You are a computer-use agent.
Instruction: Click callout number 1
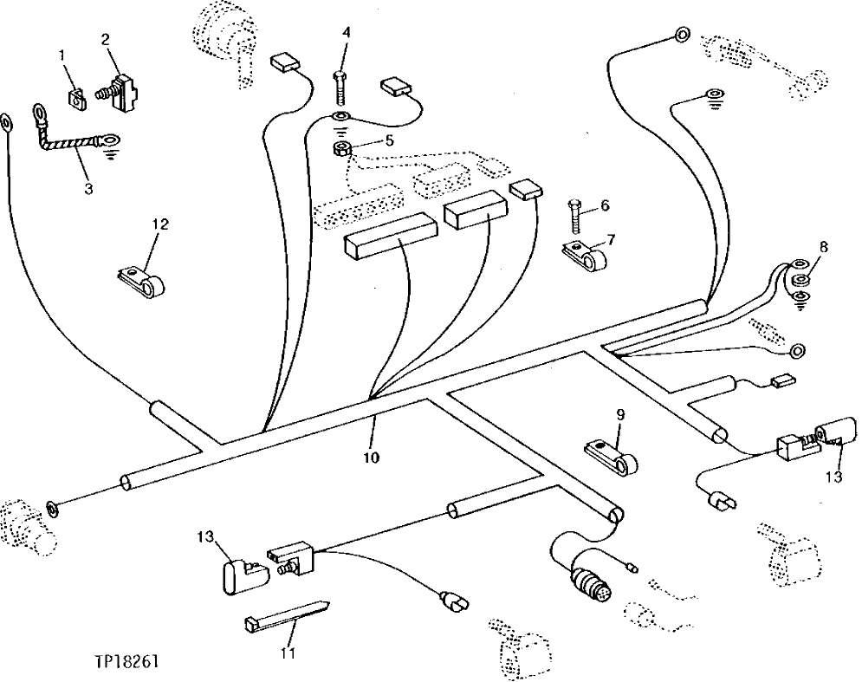62,56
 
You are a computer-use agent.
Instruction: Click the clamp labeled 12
142,278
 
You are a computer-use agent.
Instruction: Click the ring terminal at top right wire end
681,36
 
